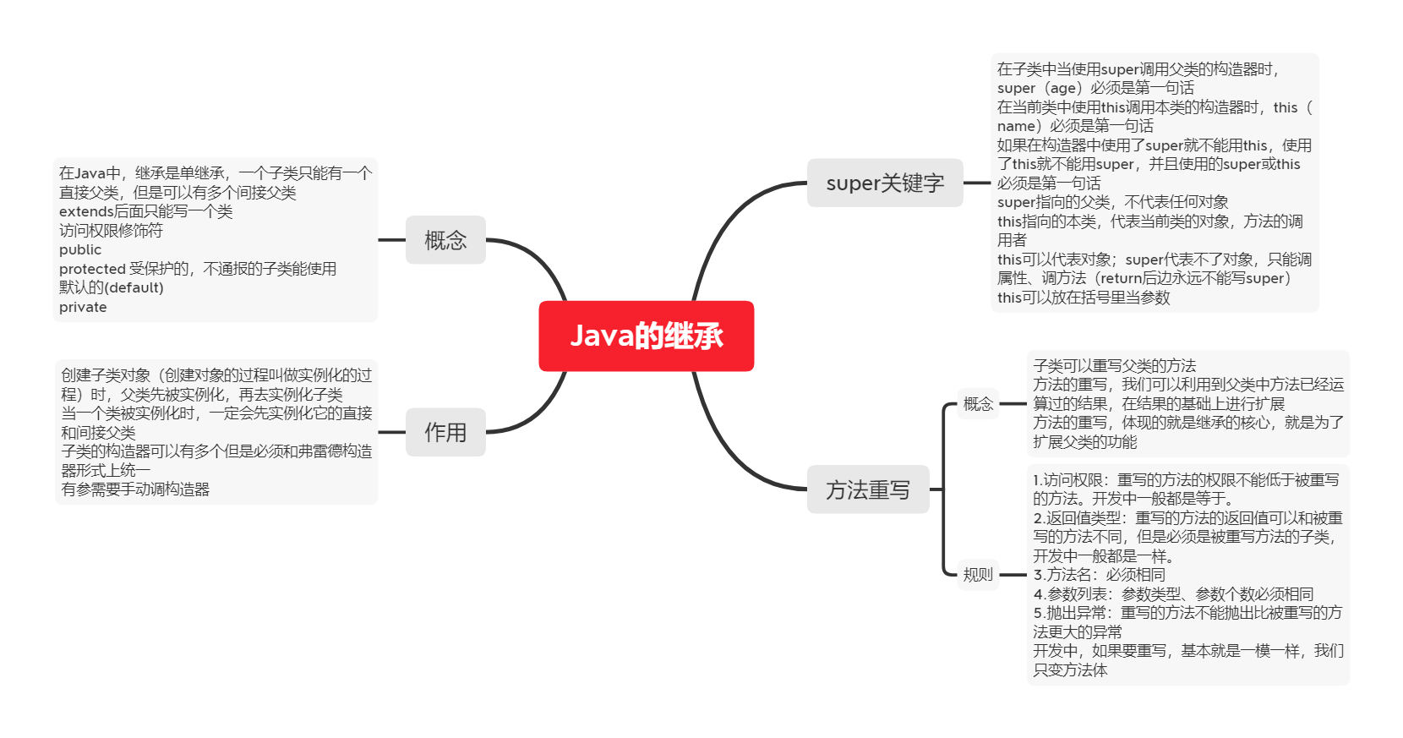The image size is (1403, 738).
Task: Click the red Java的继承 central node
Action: [646, 336]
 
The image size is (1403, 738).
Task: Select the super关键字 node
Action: [884, 183]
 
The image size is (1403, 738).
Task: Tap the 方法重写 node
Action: [867, 489]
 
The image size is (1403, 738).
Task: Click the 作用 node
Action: [445, 432]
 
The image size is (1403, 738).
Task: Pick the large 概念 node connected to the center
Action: [445, 240]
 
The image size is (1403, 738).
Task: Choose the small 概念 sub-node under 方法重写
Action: [978, 404]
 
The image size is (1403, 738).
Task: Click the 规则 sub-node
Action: [978, 575]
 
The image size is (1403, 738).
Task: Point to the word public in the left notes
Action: [80, 249]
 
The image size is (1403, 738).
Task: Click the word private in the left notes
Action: [83, 307]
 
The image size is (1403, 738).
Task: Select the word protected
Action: [92, 269]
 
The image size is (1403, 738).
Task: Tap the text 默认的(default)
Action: [112, 287]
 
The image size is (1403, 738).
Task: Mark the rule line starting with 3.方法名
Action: [1099, 575]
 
